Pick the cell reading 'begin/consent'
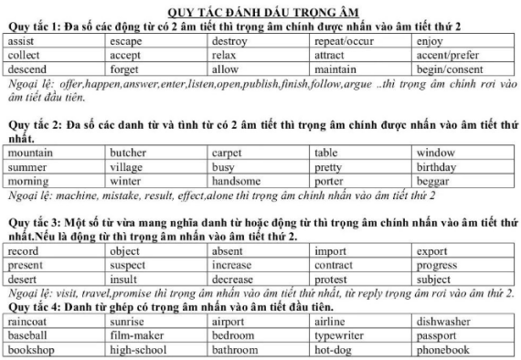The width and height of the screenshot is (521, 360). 449,69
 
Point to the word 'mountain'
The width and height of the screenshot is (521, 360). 29,154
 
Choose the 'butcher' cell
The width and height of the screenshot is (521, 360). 128,154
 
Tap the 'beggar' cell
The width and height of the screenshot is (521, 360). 433,181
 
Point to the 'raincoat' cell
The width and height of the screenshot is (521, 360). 28,322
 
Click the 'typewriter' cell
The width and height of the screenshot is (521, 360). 340,335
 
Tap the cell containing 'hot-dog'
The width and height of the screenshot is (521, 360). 333,349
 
